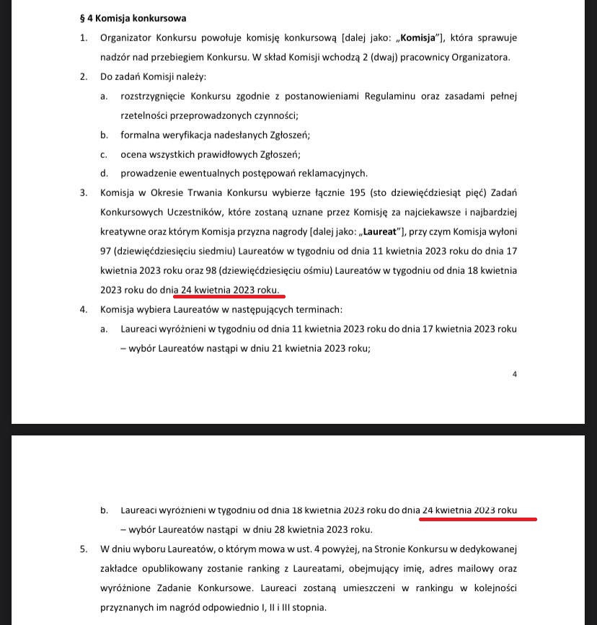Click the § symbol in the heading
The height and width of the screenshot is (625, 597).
pos(82,18)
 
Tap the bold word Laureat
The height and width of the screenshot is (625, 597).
pos(381,231)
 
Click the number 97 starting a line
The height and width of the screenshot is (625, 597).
pos(107,251)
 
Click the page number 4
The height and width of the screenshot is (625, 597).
pos(515,374)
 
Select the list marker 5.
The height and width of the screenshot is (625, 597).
pos(84,549)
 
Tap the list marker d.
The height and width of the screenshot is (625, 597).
pos(104,173)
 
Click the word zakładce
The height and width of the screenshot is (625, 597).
pos(123,568)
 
